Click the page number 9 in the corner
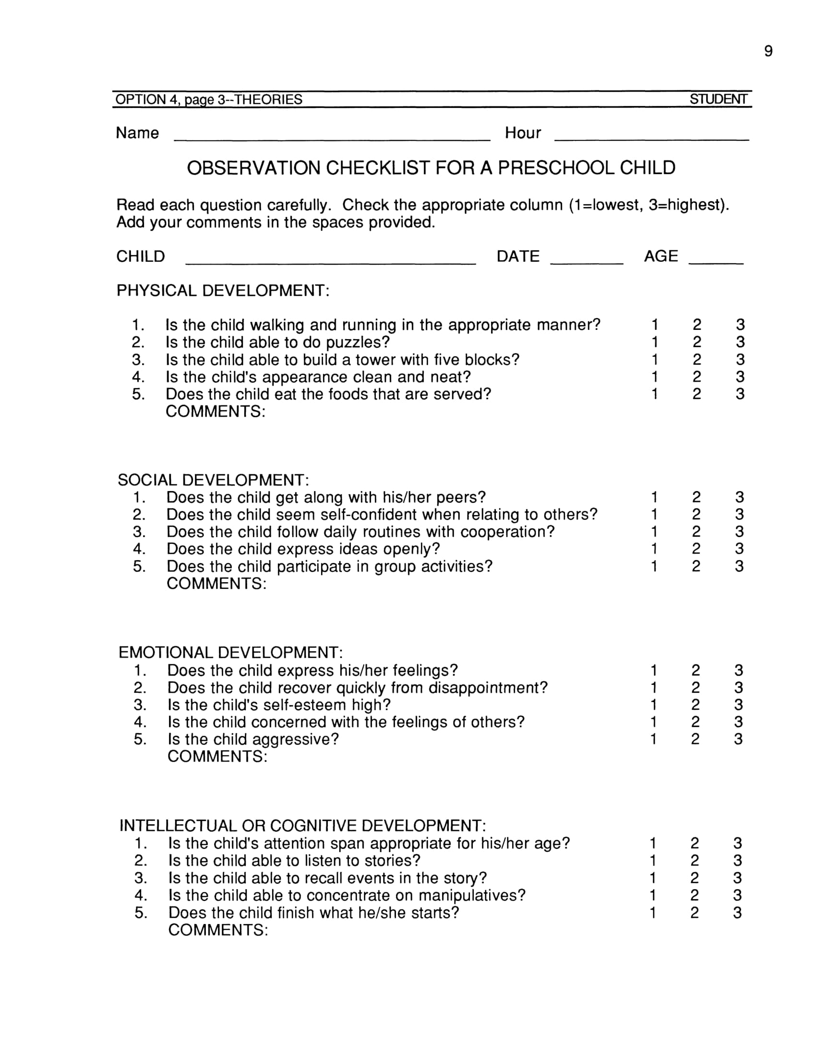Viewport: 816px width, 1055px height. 768,51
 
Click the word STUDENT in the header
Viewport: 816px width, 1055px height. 718,99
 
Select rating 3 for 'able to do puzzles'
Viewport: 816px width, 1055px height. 740,342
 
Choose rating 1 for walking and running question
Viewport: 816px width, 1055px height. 655,325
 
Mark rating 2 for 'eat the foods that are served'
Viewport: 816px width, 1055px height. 696,394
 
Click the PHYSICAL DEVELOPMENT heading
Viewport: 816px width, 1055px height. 223,291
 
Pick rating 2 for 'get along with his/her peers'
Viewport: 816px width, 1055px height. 696,497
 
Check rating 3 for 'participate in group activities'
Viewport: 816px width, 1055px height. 739,566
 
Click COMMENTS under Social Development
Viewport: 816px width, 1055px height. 216,584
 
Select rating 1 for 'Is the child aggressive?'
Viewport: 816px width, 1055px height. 654,739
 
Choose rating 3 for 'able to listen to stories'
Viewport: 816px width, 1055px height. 738,860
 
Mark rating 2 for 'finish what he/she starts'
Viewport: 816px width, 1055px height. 695,913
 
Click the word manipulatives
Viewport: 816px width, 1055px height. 471,895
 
